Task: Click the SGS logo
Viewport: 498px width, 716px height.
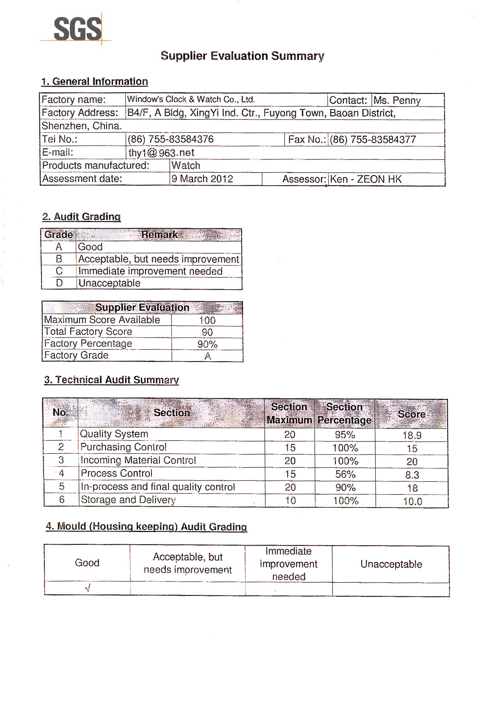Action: (x=77, y=29)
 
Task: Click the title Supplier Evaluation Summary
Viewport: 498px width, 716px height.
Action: (x=242, y=56)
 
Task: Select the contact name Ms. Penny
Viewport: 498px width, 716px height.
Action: (x=397, y=100)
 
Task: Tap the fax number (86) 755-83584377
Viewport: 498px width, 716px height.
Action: (x=373, y=140)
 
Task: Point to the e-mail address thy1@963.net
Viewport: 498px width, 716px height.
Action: (x=161, y=153)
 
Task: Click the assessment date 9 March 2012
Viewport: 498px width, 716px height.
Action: (x=202, y=178)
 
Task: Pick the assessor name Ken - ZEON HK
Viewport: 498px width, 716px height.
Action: (x=366, y=179)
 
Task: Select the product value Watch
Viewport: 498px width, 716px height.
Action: (x=186, y=165)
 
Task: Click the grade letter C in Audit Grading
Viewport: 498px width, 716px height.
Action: (x=59, y=271)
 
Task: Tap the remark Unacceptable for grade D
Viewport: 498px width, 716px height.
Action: (x=109, y=283)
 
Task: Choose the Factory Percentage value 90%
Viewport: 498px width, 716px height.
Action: (x=207, y=344)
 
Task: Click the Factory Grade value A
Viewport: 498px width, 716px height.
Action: (x=207, y=356)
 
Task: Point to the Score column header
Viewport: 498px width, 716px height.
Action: (x=411, y=414)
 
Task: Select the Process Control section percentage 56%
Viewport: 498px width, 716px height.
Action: (x=345, y=474)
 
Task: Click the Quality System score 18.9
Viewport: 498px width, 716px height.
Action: (x=412, y=435)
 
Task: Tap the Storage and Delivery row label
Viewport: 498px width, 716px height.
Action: (x=128, y=500)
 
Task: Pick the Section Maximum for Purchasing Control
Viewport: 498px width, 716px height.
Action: (x=290, y=447)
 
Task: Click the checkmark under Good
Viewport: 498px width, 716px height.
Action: (x=88, y=588)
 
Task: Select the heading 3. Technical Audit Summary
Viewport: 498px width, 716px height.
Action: (x=111, y=380)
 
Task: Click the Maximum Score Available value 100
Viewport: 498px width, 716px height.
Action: (x=207, y=321)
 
